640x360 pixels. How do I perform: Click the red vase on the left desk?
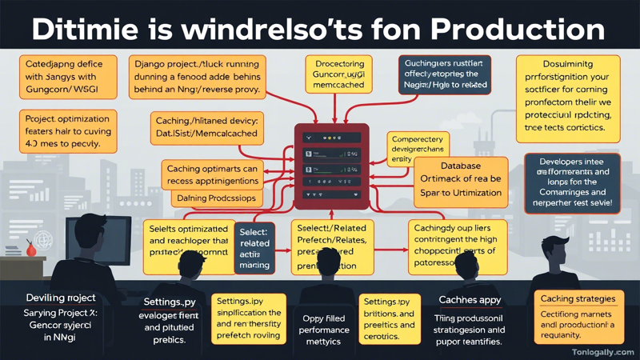coord(31,249)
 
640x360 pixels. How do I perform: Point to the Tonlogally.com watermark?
coord(602,351)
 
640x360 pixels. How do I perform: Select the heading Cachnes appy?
coord(470,300)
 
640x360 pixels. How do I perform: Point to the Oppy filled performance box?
coord(324,328)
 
